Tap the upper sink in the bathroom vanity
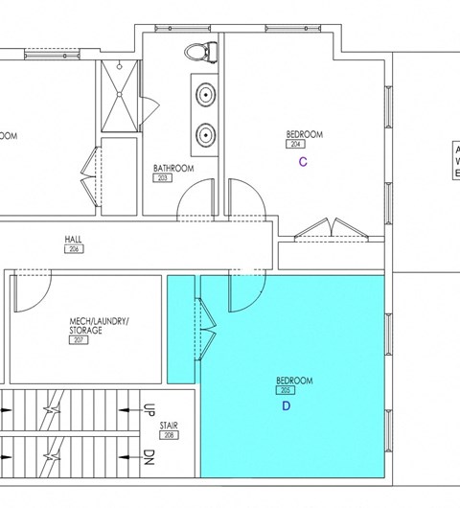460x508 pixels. (x=205, y=95)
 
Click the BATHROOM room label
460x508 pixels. (x=173, y=169)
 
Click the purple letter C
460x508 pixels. (x=303, y=162)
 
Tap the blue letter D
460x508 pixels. (x=285, y=405)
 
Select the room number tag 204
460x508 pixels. (x=293, y=144)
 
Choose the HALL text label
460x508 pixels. (x=73, y=240)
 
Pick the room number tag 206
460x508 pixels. (x=73, y=249)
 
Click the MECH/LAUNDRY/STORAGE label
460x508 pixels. (x=99, y=325)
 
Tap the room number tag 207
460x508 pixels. (x=79, y=339)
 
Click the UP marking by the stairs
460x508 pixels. (x=149, y=409)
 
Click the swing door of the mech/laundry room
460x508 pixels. (x=29, y=292)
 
